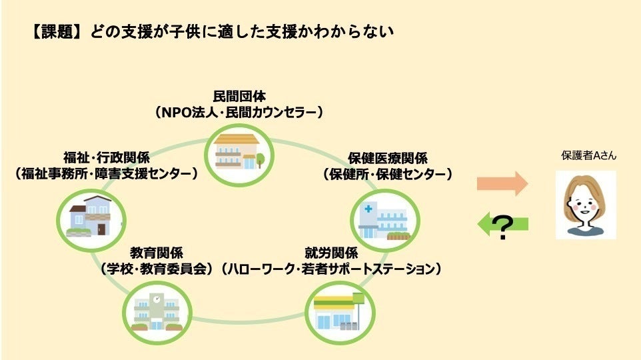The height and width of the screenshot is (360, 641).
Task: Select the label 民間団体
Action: point(239,97)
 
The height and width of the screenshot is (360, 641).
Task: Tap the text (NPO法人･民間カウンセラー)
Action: point(239,112)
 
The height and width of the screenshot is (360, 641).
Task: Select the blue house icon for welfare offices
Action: point(89,215)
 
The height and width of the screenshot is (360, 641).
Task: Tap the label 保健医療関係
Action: point(388,159)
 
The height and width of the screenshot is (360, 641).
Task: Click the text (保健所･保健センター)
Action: point(388,174)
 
